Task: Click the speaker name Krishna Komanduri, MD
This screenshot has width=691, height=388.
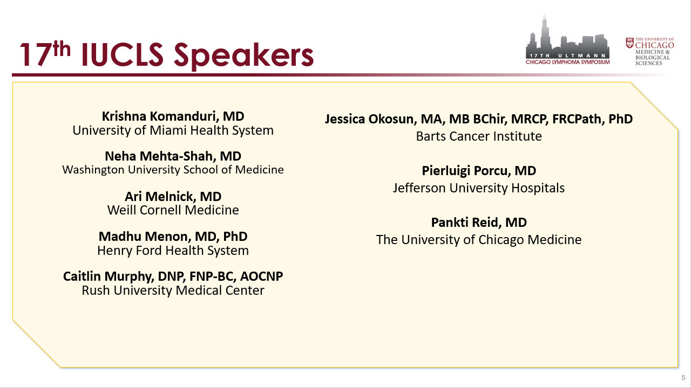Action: tap(173, 117)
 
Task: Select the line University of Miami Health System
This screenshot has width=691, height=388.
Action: tap(173, 130)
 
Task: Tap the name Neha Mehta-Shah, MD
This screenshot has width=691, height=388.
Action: tap(173, 156)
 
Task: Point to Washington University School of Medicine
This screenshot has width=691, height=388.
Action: tap(173, 170)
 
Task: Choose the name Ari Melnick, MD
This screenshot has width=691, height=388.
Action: tap(173, 197)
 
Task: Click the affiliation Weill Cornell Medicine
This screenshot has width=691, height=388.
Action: tap(173, 210)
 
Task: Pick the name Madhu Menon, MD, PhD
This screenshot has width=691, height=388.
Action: tap(173, 237)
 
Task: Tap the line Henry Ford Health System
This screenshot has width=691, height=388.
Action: tap(173, 251)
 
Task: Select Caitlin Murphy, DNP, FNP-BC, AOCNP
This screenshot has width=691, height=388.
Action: tap(173, 276)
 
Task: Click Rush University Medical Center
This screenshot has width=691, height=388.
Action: tap(173, 290)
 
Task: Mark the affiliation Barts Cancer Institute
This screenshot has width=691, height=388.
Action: tap(479, 136)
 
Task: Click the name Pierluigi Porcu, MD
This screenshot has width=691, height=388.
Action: tap(479, 171)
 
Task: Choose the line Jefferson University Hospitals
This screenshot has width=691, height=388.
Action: tap(479, 188)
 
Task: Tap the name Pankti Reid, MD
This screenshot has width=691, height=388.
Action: tap(479, 223)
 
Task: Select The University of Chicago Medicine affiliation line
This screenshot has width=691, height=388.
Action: tap(479, 240)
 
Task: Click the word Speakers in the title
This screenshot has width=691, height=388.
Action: tap(243, 56)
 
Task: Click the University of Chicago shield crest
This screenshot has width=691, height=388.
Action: tap(629, 43)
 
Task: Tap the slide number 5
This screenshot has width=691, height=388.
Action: tap(683, 378)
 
